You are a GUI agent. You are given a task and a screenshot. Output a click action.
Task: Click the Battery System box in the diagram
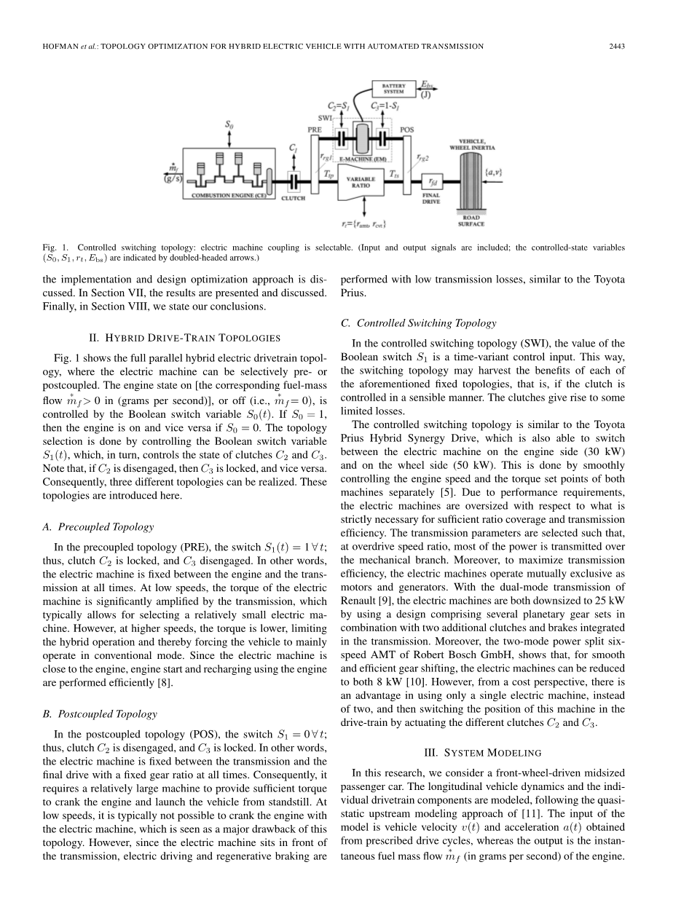click(394, 90)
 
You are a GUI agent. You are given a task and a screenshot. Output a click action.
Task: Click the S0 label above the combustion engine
click(228, 125)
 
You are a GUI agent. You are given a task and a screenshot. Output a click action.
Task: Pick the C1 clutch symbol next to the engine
click(294, 178)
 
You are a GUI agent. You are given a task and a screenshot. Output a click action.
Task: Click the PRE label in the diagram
click(315, 129)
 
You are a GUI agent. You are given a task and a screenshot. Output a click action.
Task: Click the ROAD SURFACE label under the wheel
click(471, 221)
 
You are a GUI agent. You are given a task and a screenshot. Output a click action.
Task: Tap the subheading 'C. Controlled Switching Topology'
click(418, 323)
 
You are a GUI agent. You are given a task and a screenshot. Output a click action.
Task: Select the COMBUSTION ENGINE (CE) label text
click(223, 196)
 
